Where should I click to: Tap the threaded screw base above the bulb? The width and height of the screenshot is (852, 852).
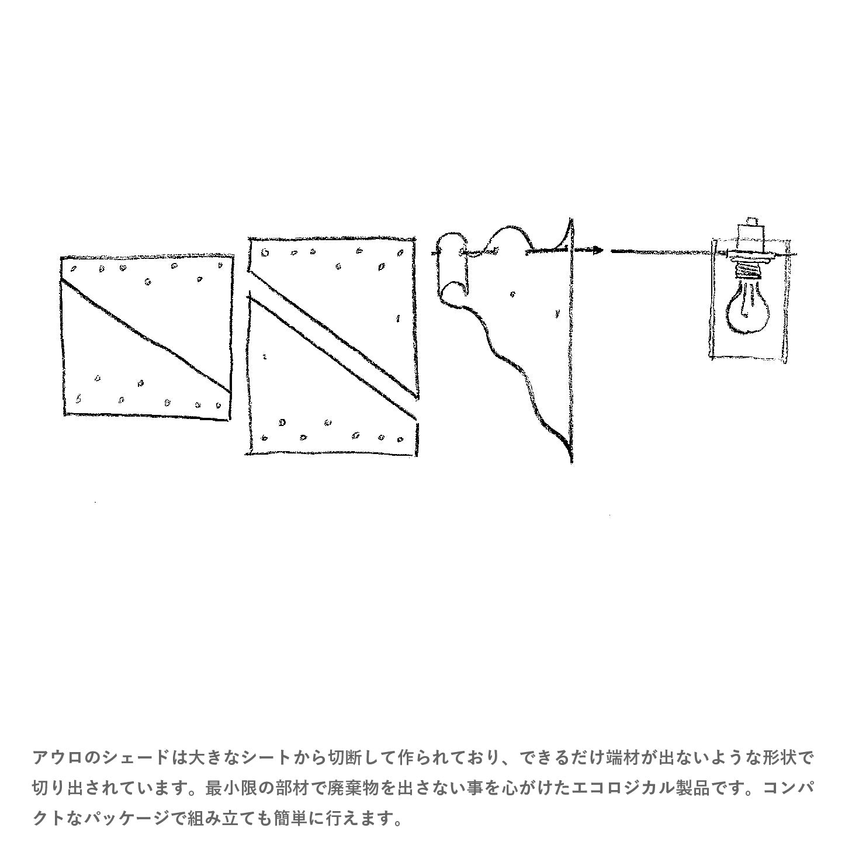[749, 268]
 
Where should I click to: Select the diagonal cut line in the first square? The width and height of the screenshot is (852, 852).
[146, 337]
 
